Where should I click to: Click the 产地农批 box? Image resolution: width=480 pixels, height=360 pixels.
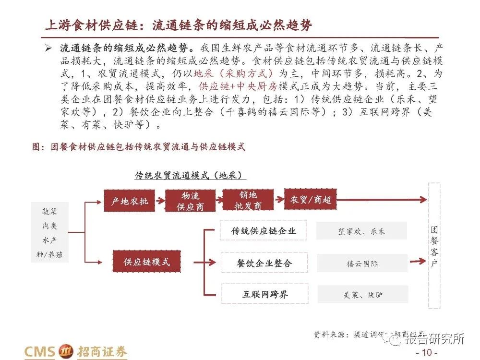(130, 201)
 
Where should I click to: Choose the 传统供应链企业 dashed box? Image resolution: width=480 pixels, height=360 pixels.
(264, 231)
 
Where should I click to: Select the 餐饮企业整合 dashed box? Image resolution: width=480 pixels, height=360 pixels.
(264, 263)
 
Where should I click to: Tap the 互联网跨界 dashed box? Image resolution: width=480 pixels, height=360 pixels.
(264, 294)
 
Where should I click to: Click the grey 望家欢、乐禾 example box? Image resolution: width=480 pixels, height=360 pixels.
(361, 231)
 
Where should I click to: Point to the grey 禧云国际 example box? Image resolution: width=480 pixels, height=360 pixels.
(362, 264)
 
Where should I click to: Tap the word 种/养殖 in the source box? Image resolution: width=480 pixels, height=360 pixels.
(49, 255)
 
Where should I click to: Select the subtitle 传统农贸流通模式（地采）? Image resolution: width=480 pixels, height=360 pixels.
(188, 175)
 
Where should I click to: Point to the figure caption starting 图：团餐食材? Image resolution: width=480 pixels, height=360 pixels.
(139, 147)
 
